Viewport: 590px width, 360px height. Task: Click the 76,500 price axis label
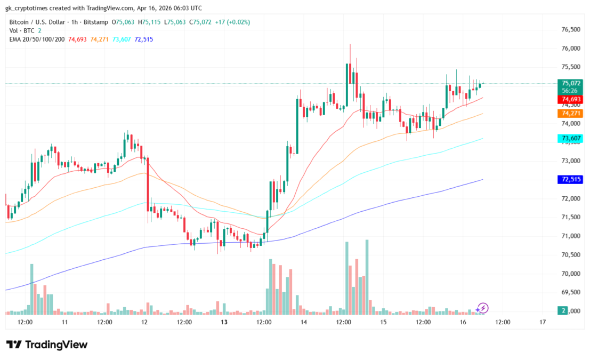pos(570,30)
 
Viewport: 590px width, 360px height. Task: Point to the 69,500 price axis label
pos(570,292)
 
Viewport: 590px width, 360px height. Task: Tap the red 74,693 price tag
pos(570,100)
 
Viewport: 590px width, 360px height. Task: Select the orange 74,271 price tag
pos(570,114)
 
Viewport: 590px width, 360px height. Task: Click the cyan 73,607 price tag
pos(570,139)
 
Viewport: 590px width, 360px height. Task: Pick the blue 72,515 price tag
pos(570,180)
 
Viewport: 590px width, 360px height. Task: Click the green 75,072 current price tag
pos(570,83)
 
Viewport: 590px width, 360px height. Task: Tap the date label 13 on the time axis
pos(224,323)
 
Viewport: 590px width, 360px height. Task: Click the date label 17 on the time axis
pos(543,323)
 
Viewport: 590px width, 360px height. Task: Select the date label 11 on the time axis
pos(64,323)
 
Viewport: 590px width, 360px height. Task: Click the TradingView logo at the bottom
pos(47,345)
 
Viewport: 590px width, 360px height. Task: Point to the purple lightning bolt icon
pos(482,308)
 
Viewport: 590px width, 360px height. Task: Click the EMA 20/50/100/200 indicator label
pos(37,39)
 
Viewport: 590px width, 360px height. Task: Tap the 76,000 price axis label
pos(570,49)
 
